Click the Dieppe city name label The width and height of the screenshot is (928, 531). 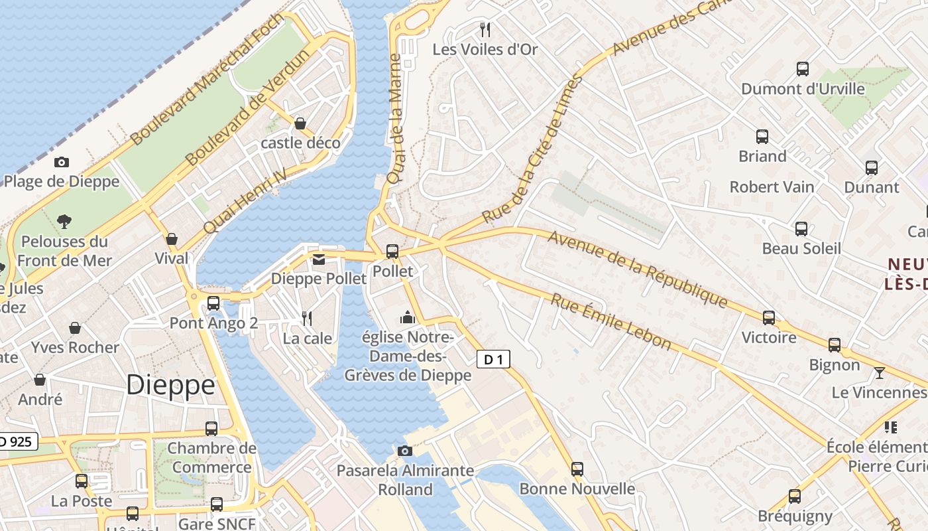(x=170, y=385)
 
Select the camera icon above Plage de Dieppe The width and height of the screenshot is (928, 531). (x=62, y=162)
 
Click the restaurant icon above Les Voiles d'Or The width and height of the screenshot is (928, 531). (x=485, y=29)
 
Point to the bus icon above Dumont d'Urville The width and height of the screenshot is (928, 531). (x=803, y=68)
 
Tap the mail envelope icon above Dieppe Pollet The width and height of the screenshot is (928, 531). (x=319, y=259)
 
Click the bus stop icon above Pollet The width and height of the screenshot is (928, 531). (x=392, y=251)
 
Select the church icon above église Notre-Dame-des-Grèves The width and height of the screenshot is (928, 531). (x=408, y=317)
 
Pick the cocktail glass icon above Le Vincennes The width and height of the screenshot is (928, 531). (x=880, y=372)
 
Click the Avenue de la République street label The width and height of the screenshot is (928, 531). (x=637, y=269)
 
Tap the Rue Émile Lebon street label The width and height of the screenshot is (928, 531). (x=610, y=321)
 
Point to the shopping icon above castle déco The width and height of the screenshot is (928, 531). (x=300, y=123)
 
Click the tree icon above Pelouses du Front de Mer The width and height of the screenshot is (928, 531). (x=64, y=221)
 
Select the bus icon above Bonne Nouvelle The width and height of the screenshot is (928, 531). (x=577, y=469)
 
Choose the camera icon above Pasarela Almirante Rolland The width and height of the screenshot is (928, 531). (x=405, y=451)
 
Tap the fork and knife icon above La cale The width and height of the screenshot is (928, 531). (x=307, y=319)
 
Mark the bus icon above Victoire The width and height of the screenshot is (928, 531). (x=769, y=317)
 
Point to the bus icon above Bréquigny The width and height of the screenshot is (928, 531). (x=795, y=496)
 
